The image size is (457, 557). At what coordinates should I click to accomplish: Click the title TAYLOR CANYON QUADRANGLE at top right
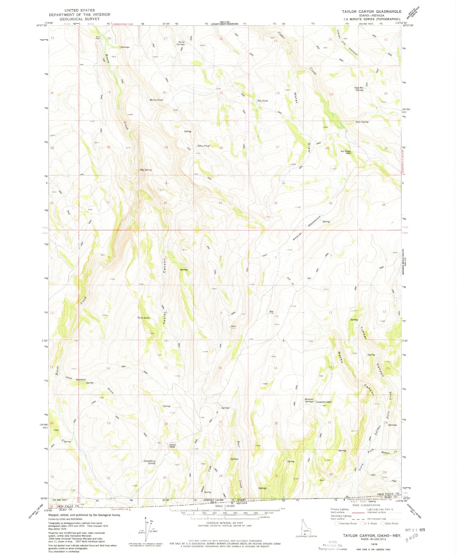tap(371, 12)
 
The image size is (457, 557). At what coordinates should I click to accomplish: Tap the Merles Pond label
tap(156, 100)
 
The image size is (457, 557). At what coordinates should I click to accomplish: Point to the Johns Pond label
tap(203, 146)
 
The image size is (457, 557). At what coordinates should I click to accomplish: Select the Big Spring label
tap(146, 170)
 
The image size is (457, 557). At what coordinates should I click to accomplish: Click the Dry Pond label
tap(262, 101)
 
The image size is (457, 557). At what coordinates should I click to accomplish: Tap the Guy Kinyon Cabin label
tap(346, 152)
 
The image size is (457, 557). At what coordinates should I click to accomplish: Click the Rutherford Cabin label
tap(324, 402)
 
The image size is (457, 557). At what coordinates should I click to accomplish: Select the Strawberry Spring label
tap(150, 462)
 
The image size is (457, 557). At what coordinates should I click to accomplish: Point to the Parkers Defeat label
tap(173, 446)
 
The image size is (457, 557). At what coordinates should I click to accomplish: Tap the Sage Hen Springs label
tap(359, 89)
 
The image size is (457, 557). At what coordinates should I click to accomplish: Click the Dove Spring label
tap(362, 122)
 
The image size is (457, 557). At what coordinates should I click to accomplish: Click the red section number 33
tap(220, 203)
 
